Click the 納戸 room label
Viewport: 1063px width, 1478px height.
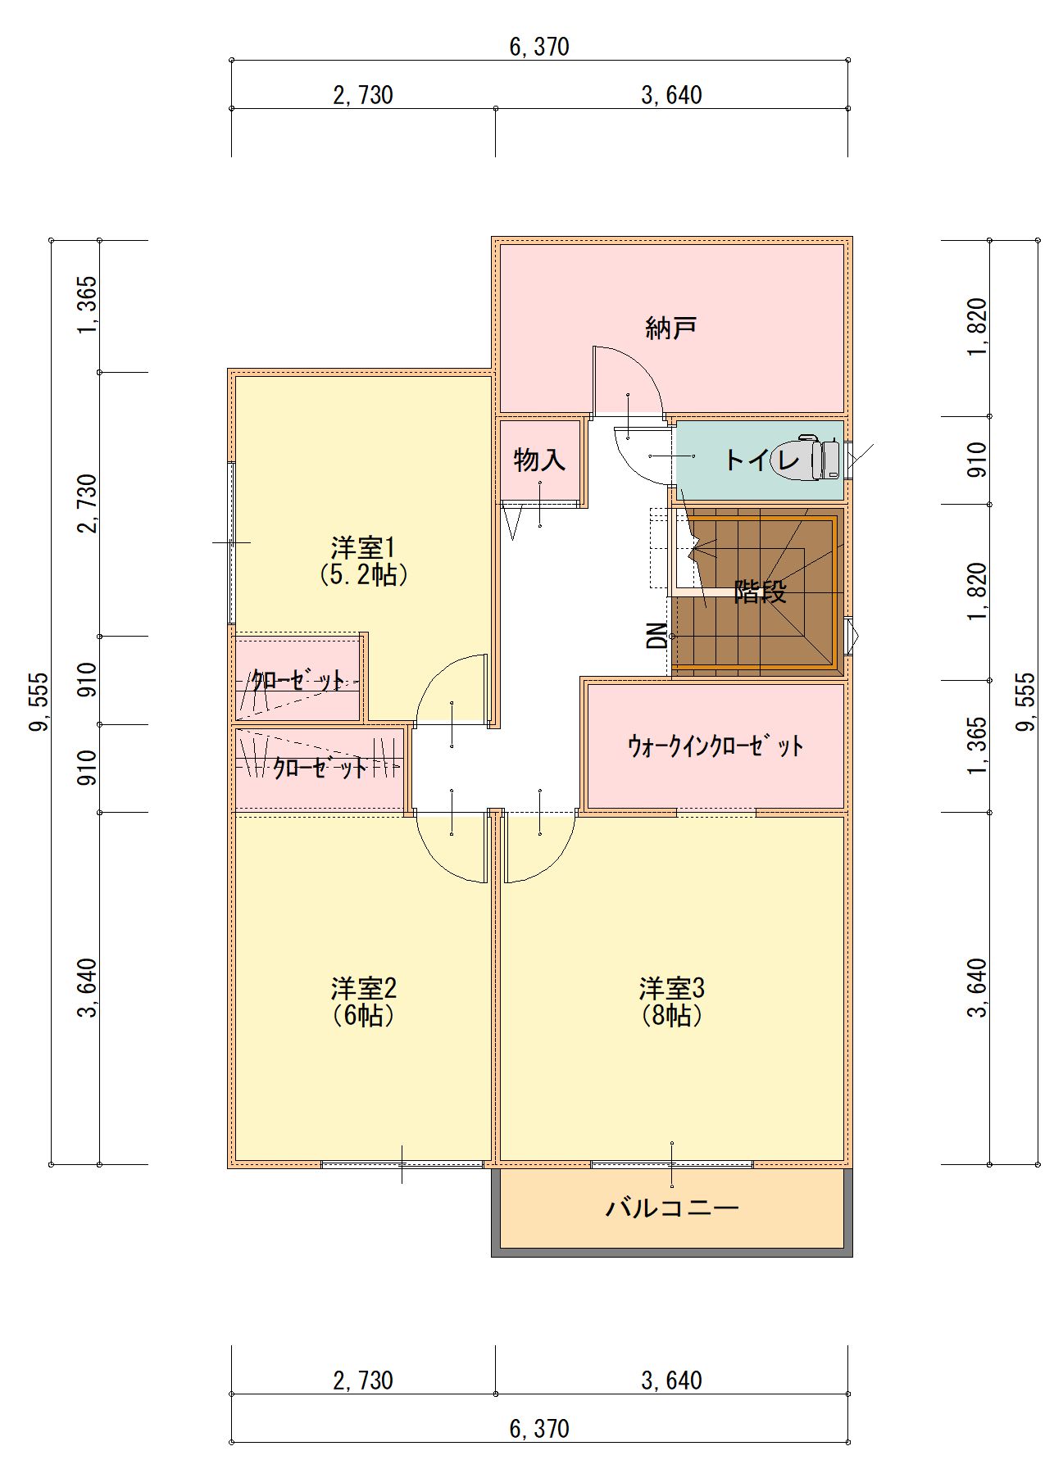pos(671,328)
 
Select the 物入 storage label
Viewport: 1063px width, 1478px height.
pos(539,460)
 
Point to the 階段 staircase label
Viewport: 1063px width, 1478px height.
pos(760,591)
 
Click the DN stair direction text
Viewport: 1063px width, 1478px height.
pos(657,635)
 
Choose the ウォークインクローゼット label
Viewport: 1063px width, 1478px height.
pos(715,746)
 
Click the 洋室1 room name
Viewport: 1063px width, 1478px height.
pos(363,547)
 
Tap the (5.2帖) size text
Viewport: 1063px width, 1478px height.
pos(363,574)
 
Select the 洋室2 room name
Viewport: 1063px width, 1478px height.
pos(363,988)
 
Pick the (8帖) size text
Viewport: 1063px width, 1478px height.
pos(671,1015)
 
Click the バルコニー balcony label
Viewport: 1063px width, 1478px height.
pos(672,1208)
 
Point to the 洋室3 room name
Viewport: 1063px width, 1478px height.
pos(671,988)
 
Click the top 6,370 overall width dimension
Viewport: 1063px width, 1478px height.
pos(539,47)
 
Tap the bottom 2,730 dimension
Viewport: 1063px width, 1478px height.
pos(363,1381)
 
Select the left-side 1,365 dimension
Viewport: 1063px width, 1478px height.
pos(87,306)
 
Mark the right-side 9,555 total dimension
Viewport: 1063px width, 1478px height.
pos(1026,702)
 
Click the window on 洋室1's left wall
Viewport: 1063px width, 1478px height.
pos(231,543)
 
